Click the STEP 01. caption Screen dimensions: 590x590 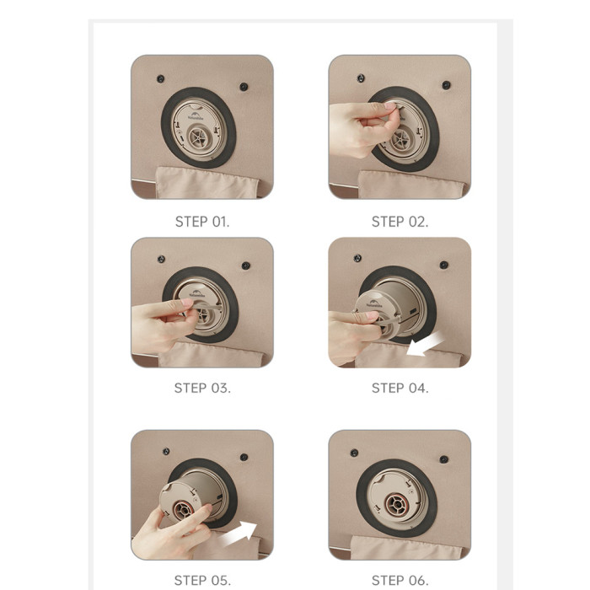(202, 222)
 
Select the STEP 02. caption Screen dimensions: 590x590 (400, 222)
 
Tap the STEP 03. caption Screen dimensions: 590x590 (202, 388)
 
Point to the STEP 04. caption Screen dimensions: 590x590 (400, 388)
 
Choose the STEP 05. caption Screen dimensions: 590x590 (202, 580)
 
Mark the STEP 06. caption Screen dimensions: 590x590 (400, 580)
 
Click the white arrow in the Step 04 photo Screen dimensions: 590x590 (426, 344)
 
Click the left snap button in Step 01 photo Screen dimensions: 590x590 (161, 79)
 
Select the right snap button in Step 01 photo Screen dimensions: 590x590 (244, 87)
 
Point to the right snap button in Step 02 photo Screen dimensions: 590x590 (446, 85)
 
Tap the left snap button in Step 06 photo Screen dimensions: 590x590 (354, 453)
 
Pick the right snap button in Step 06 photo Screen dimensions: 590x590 (444, 459)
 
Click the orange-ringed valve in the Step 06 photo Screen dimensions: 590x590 (396, 503)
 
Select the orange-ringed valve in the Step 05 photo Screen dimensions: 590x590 (183, 510)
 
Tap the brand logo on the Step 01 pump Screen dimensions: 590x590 (196, 115)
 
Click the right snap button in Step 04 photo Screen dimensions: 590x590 (444, 265)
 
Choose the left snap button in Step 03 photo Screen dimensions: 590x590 (161, 260)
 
